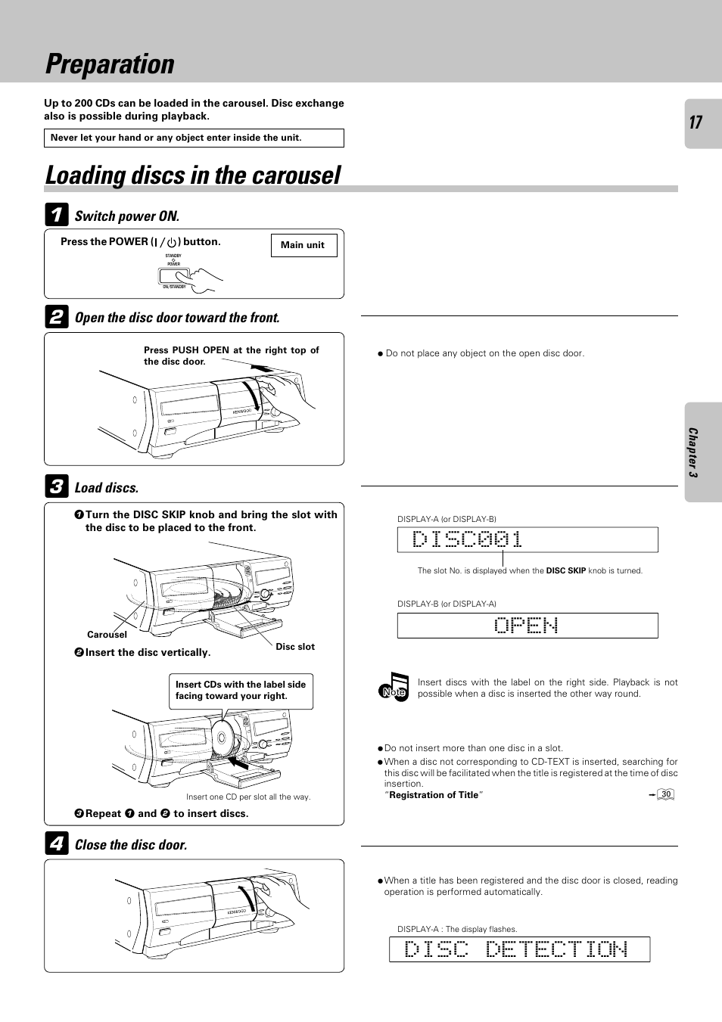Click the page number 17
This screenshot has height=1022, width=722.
click(696, 123)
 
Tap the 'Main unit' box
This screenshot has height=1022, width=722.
click(303, 245)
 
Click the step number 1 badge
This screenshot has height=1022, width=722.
click(57, 215)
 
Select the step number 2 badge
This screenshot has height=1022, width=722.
click(57, 317)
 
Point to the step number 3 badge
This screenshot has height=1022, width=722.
click(57, 486)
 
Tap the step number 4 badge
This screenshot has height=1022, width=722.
click(57, 843)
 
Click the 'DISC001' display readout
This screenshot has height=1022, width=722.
click(468, 539)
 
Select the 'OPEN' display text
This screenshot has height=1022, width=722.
click(527, 626)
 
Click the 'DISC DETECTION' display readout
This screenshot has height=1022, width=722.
click(516, 949)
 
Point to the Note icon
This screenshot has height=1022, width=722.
click(394, 688)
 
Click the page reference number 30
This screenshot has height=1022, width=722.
click(665, 794)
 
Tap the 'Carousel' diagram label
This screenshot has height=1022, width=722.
click(107, 635)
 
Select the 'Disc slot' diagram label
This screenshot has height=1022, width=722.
click(295, 647)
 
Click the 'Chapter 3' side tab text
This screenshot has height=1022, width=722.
click(692, 452)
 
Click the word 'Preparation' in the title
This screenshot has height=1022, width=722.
click(110, 64)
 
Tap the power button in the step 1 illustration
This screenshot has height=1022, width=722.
click(173, 276)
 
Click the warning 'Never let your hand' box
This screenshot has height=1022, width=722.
click(194, 138)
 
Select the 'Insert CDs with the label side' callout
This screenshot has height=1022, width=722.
click(241, 690)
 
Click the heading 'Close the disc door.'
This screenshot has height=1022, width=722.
click(131, 845)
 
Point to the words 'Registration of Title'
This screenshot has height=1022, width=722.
click(434, 795)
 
